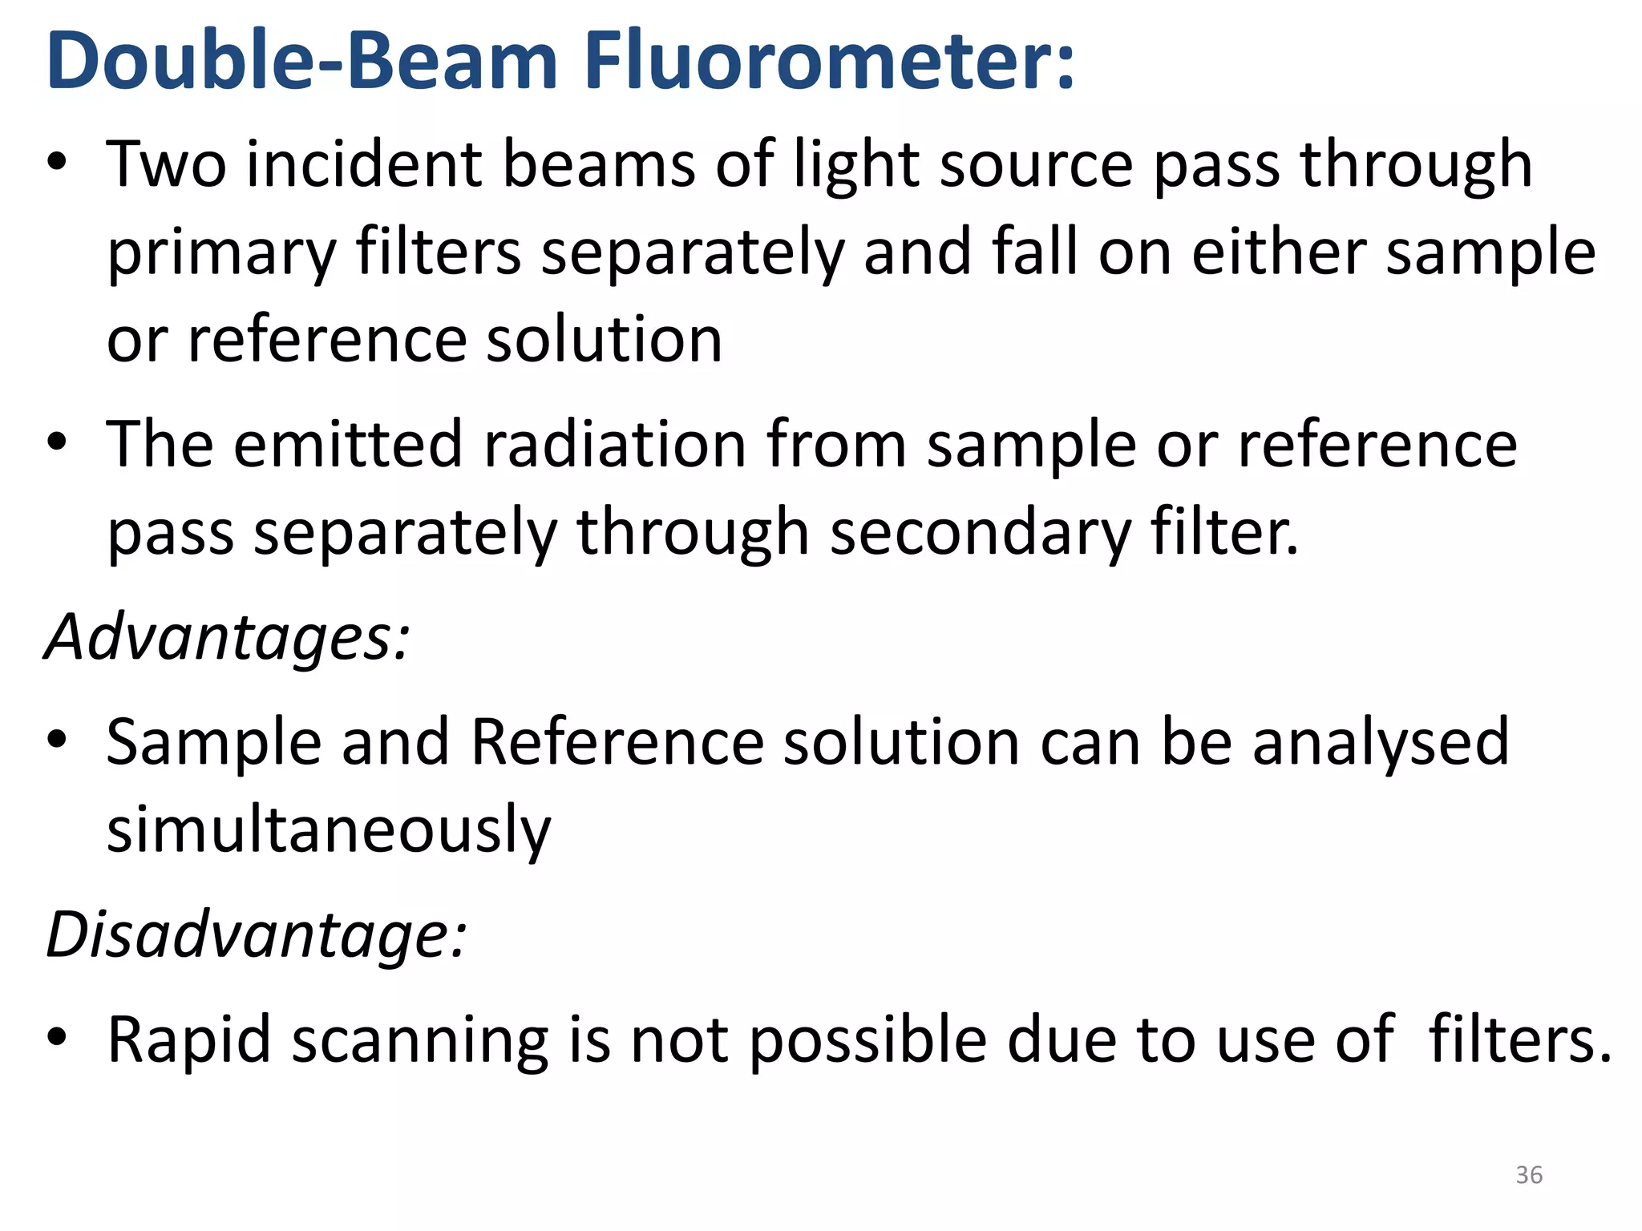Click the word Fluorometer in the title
pyautogui.click(x=829, y=63)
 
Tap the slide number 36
pyautogui.click(x=1529, y=1175)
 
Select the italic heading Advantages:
pyautogui.click(x=228, y=637)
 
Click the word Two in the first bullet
pyautogui.click(x=167, y=164)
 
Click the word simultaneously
pyautogui.click(x=329, y=830)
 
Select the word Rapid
pyautogui.click(x=189, y=1041)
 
